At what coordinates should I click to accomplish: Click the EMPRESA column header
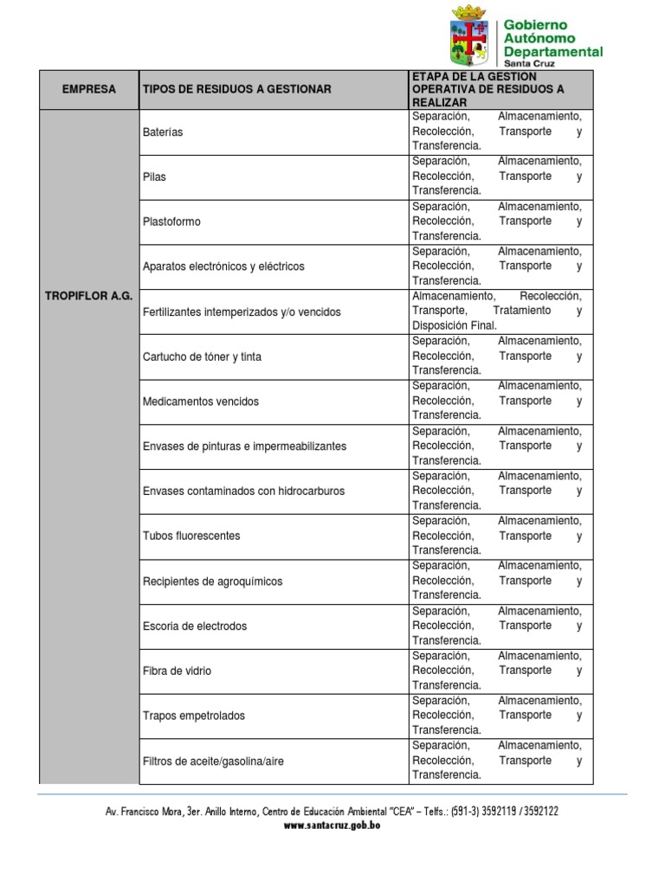point(88,89)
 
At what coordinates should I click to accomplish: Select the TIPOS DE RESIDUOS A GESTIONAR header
point(236,89)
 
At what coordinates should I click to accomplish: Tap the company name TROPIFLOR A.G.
point(88,296)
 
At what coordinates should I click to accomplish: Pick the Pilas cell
point(154,177)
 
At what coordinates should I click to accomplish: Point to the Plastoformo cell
point(171,221)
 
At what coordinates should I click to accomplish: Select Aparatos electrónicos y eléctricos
point(223,266)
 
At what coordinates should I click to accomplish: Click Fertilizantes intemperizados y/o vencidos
point(242,311)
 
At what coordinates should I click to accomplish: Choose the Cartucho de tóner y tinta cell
point(202,356)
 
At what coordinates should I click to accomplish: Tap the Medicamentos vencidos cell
point(200,401)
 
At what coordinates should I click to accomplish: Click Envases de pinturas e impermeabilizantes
point(244,446)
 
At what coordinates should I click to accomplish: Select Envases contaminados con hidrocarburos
point(243,491)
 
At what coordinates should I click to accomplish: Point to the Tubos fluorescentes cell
point(191,536)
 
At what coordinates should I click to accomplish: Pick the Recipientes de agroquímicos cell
point(212,581)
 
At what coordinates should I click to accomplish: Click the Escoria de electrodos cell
point(195,626)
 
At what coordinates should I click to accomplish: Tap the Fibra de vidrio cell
point(177,671)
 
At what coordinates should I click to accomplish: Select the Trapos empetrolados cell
point(194,716)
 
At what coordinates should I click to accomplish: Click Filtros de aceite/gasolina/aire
point(213,761)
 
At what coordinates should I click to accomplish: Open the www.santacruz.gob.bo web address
point(332,825)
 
